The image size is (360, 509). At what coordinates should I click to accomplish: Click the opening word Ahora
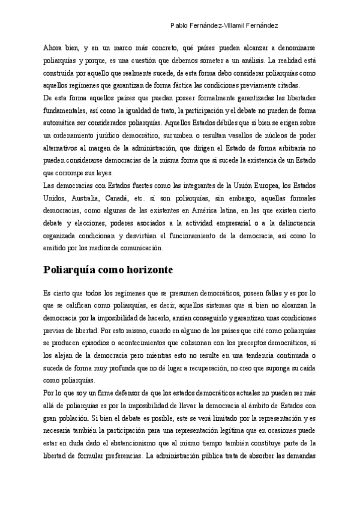[54, 47]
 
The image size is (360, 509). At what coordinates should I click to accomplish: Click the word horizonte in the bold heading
[145, 270]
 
